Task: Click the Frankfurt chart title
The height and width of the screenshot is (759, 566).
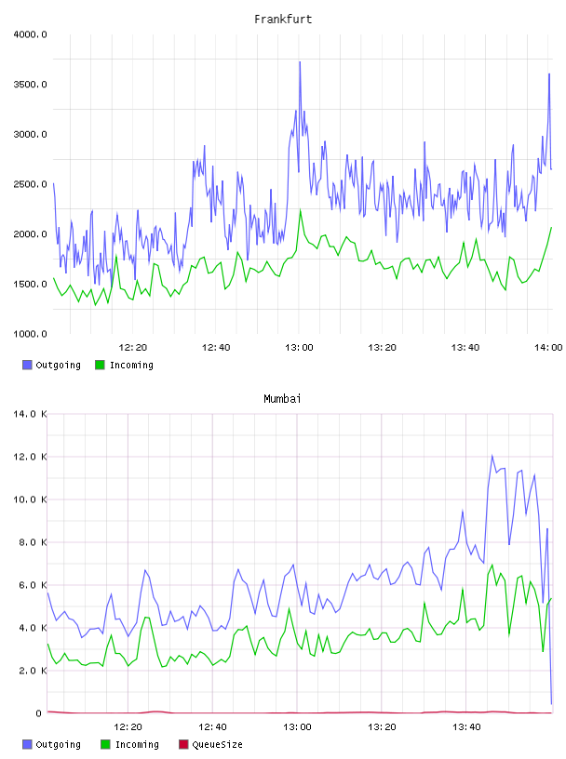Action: (283, 20)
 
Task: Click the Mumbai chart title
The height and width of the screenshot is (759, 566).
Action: (282, 399)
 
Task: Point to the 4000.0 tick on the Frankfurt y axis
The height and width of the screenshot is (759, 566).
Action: (30, 34)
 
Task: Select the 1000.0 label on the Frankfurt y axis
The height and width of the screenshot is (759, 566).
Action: (30, 334)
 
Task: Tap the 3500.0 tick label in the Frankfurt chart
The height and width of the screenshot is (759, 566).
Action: (30, 85)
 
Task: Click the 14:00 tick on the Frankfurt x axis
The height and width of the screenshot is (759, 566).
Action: (548, 348)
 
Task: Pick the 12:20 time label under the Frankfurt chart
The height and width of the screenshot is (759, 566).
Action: (133, 348)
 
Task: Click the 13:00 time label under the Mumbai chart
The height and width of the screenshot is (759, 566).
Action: (297, 727)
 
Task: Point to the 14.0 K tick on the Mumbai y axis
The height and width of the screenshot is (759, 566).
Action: (30, 414)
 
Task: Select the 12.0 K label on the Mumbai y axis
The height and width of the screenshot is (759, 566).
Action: (30, 457)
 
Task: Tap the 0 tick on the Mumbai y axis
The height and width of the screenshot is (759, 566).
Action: (39, 713)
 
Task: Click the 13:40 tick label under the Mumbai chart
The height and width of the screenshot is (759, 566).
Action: (466, 727)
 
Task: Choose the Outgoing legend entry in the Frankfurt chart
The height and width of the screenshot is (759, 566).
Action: (51, 365)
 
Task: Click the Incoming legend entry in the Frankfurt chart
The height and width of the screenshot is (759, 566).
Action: (125, 365)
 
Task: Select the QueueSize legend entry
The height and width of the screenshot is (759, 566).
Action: (210, 744)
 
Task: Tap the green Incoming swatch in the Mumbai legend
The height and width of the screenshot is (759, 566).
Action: (105, 744)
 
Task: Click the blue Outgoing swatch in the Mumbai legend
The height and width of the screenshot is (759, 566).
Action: (27, 744)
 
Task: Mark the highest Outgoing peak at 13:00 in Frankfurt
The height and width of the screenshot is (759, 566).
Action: (300, 62)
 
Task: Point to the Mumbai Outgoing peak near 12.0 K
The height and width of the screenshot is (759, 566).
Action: (492, 456)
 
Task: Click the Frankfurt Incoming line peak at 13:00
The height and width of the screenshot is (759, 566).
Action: (301, 210)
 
